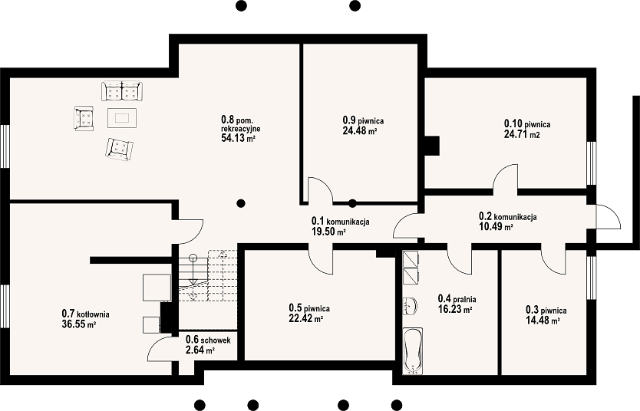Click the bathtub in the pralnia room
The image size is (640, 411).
click(413, 350)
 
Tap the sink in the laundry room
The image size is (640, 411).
click(410, 306)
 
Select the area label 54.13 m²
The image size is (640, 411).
click(238, 138)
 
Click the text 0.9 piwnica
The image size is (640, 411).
click(363, 120)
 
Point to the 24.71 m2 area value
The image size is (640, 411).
click(522, 133)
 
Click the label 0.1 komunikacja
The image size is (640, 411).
click(341, 221)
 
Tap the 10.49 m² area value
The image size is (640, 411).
click(496, 227)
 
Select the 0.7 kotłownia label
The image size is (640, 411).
click(85, 314)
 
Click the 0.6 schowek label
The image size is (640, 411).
click(208, 340)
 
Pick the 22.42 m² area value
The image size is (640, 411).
click(306, 318)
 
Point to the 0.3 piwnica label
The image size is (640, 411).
click(546, 311)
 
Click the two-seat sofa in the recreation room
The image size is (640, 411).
click(122, 91)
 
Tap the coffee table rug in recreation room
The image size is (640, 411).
click(122, 118)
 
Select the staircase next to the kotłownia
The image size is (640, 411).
click(208, 275)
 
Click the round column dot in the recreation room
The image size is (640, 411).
click(241, 202)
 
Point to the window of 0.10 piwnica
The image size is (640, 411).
click(592, 163)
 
